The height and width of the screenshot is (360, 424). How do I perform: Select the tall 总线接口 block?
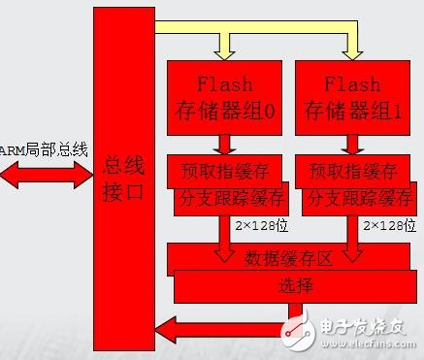click(x=123, y=180)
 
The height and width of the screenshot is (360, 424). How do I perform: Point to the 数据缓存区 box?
click(x=291, y=258)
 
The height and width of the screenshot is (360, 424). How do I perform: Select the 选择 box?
click(x=291, y=286)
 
